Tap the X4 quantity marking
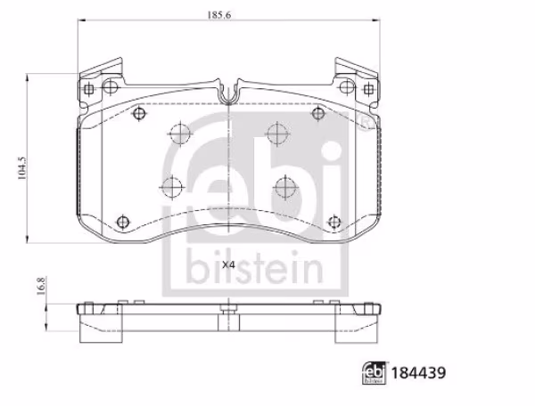pyautogui.click(x=227, y=265)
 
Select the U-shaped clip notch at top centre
pyautogui.click(x=228, y=89)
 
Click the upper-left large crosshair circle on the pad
pyautogui.click(x=179, y=134)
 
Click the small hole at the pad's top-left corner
pyautogui.click(x=139, y=114)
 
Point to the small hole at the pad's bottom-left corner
pyautogui.click(x=123, y=220)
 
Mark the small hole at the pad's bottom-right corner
pyautogui.click(x=333, y=220)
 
